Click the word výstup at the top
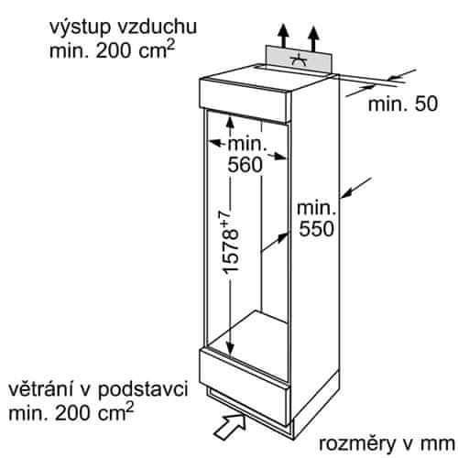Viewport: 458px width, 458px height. coord(80,27)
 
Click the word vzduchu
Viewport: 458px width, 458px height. coord(158,27)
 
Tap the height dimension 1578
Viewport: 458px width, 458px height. coord(230,251)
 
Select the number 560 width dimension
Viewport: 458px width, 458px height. coord(245,165)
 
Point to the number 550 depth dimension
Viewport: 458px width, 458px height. coord(317,229)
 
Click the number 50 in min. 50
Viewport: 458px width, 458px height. coord(426,104)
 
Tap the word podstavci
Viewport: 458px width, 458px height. coord(143,390)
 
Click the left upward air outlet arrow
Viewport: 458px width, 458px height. coord(284,36)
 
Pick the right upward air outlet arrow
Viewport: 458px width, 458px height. coord(313,38)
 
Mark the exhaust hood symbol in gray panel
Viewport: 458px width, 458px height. coord(298,60)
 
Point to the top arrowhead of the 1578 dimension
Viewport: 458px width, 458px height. coord(230,121)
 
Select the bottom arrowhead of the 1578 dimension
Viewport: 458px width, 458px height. coord(230,350)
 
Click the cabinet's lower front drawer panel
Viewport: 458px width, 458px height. coord(245,388)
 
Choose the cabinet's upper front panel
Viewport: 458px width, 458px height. coord(245,101)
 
